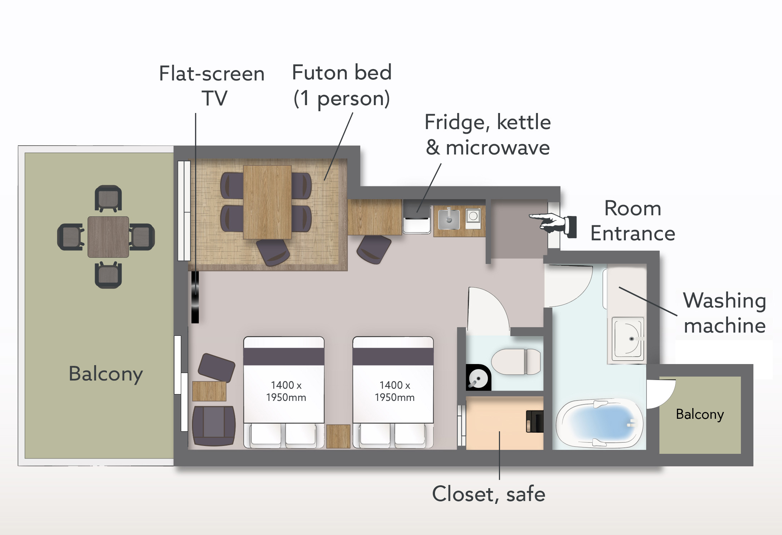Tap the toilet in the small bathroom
[x=516, y=362]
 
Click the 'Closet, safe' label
[x=489, y=494]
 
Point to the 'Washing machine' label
[x=724, y=313]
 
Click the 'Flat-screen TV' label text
[x=212, y=86]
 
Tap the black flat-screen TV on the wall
[x=195, y=297]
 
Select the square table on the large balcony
[x=108, y=237]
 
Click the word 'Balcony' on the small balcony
[x=700, y=414]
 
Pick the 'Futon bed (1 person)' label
[x=342, y=86]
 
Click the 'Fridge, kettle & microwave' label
[x=488, y=135]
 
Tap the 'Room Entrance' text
[x=633, y=221]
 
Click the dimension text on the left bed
[x=286, y=391]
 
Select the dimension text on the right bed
[x=395, y=391]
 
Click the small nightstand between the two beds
[x=338, y=436]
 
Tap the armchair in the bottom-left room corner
[x=214, y=426]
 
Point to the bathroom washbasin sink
[x=628, y=338]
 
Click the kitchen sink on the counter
[x=449, y=219]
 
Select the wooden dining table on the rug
[x=267, y=202]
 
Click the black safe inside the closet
[x=535, y=421]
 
